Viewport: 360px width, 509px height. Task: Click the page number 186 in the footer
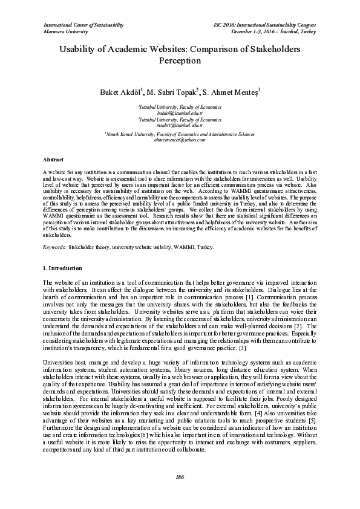[x=180, y=478]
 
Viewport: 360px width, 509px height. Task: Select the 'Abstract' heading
[x=54, y=158]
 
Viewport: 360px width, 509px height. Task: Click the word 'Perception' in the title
[x=180, y=62]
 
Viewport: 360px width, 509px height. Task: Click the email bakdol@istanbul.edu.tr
[x=180, y=113]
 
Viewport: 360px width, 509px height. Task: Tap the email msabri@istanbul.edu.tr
[x=180, y=125]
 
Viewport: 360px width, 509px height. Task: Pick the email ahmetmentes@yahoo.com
[x=180, y=139]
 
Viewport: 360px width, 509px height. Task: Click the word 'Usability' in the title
[x=80, y=50]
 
